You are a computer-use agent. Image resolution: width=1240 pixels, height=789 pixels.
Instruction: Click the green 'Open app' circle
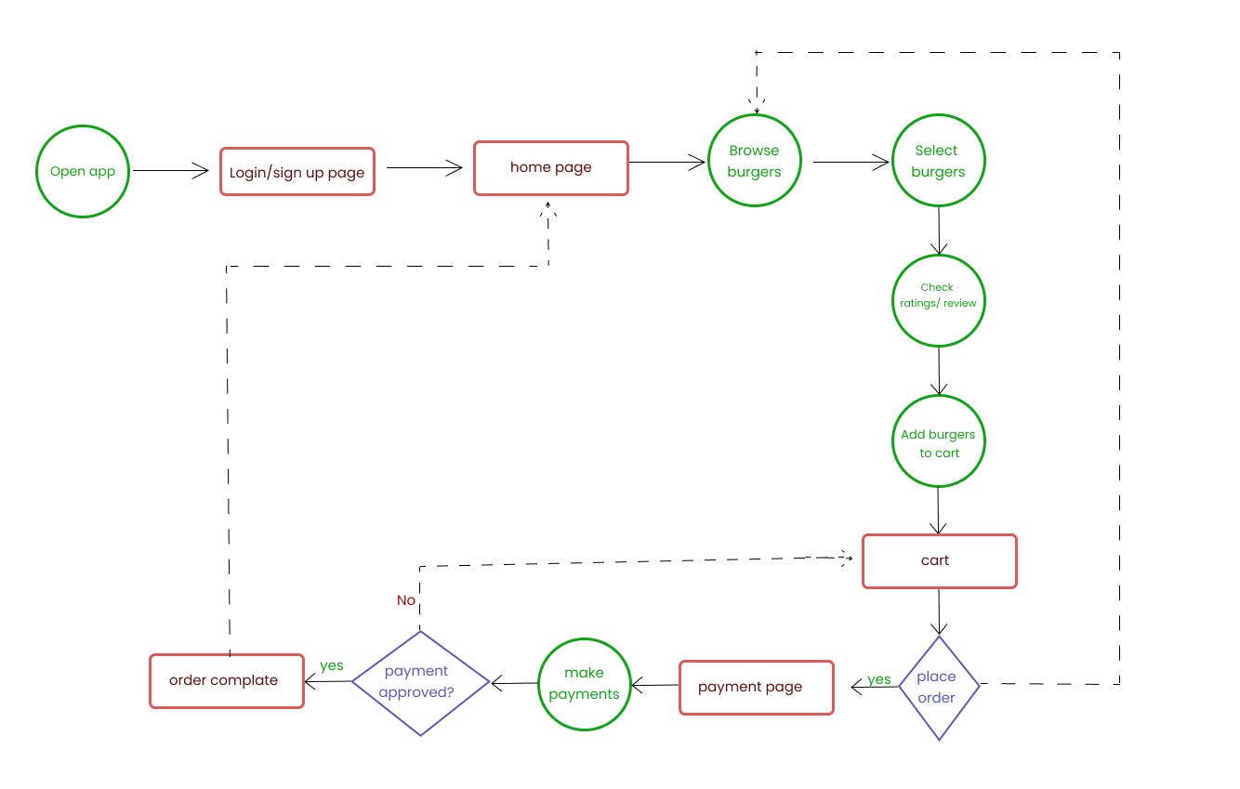(82, 172)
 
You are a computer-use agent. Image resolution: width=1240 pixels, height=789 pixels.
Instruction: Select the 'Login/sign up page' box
(297, 172)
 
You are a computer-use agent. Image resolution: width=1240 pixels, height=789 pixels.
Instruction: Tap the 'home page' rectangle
(551, 168)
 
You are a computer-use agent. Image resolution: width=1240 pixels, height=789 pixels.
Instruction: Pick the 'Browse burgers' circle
(754, 161)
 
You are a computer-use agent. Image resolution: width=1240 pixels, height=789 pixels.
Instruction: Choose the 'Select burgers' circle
(938, 161)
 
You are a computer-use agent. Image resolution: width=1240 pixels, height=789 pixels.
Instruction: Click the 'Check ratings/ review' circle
(938, 301)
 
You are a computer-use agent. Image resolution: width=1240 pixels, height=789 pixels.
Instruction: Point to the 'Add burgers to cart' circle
(938, 442)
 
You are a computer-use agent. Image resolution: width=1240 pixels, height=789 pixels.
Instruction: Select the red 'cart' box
(940, 561)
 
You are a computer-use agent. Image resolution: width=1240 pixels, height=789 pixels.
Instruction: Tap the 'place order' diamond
(939, 688)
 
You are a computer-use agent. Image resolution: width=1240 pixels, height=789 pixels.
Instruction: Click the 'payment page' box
(756, 688)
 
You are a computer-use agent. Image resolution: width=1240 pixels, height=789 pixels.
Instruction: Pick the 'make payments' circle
(584, 684)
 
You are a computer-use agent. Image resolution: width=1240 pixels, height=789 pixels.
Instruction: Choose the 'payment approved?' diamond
(420, 683)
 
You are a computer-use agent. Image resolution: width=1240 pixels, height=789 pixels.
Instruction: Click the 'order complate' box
(227, 681)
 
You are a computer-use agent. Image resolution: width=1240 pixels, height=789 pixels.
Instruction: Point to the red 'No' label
(406, 600)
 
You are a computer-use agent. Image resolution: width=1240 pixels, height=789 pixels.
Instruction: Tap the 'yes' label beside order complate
(332, 665)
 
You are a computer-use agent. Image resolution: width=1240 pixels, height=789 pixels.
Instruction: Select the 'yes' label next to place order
(878, 679)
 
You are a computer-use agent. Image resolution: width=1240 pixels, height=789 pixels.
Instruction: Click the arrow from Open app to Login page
(172, 170)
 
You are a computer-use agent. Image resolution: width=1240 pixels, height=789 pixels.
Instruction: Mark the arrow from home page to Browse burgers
(667, 163)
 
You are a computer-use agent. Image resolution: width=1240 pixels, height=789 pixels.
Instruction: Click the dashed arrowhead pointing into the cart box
(845, 558)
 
